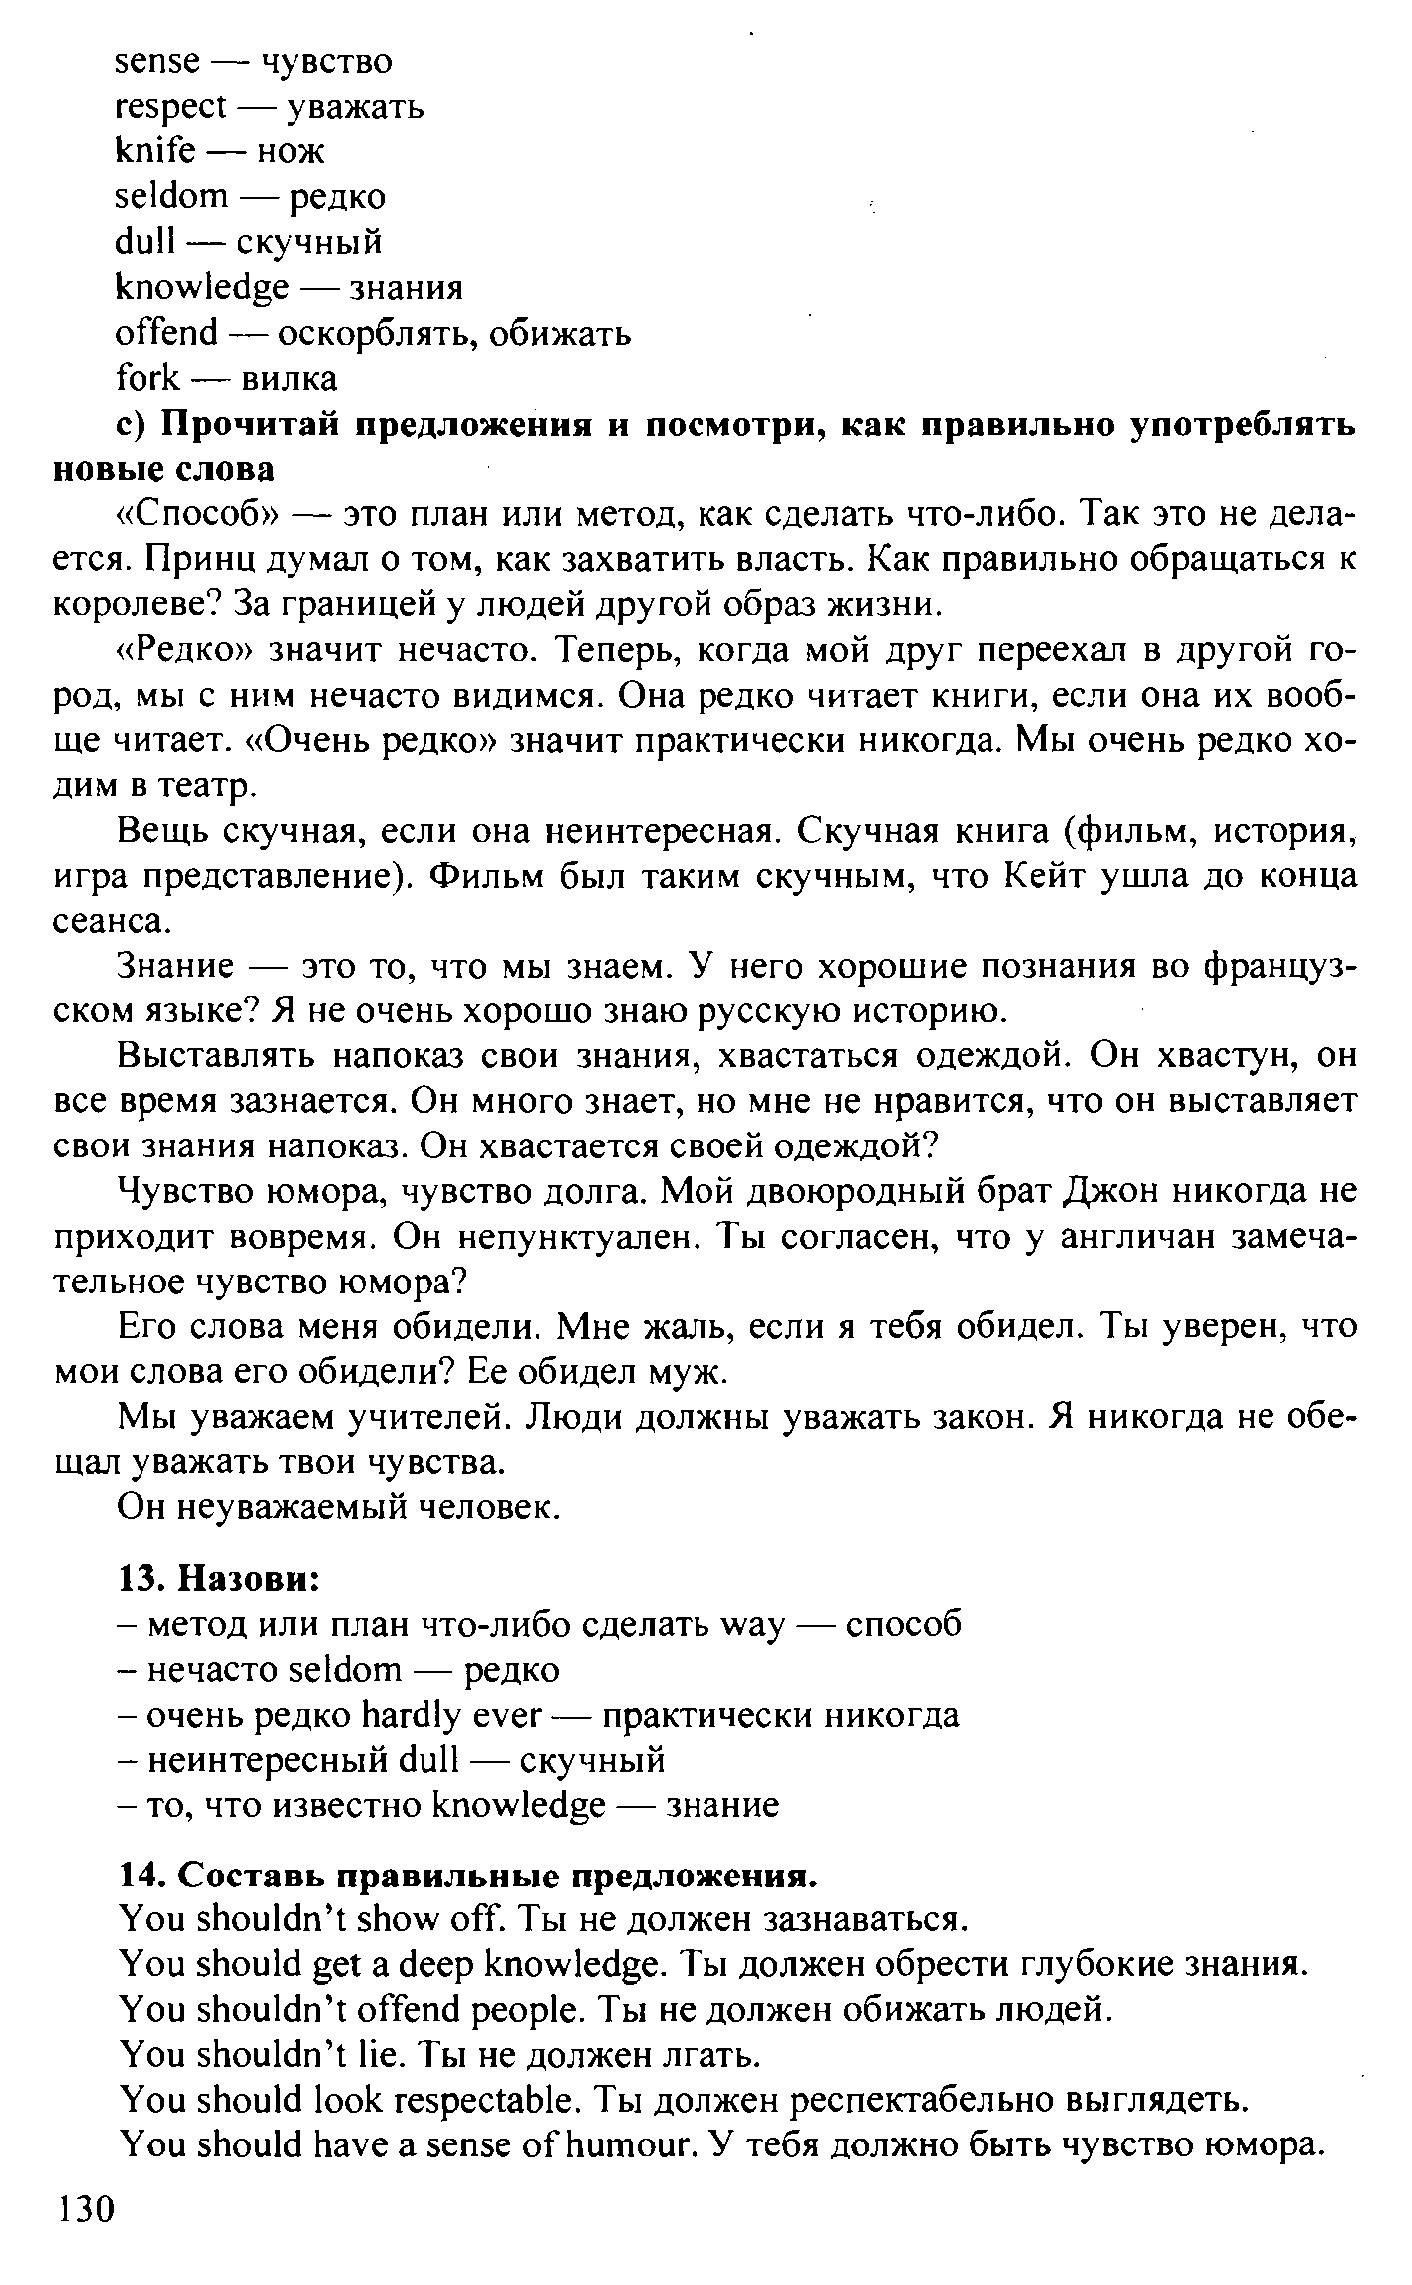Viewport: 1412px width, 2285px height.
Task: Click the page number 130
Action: click(x=87, y=2235)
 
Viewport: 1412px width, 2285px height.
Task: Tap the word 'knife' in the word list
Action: click(x=154, y=151)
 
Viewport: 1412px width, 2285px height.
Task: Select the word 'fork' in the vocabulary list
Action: click(x=147, y=379)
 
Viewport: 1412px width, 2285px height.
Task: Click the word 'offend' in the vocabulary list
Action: click(x=166, y=333)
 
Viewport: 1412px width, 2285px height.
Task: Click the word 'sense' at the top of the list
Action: click(x=157, y=62)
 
